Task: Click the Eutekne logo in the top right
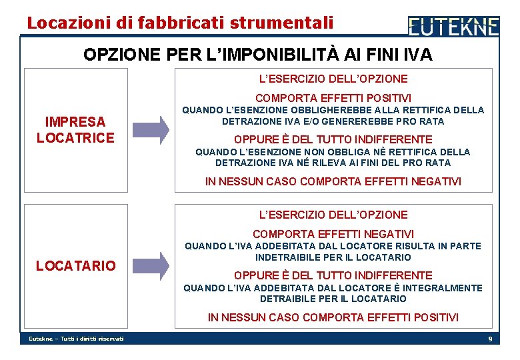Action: (x=453, y=27)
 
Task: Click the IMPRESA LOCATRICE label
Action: (x=75, y=129)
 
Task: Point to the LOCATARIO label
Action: (x=76, y=265)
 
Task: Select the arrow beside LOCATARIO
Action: (x=151, y=265)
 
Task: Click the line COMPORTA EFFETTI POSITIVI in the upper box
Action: (x=333, y=98)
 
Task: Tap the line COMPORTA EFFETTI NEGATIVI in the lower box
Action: (x=333, y=234)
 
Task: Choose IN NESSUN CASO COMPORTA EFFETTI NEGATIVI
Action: (x=333, y=181)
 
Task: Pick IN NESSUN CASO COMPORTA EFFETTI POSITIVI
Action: (x=333, y=317)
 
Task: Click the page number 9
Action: (x=490, y=339)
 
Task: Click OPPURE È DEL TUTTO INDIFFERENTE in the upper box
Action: (x=333, y=139)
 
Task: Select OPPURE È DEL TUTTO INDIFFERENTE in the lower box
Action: (x=333, y=275)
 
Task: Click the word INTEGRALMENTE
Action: (x=449, y=288)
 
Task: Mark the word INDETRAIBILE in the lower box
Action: (x=286, y=257)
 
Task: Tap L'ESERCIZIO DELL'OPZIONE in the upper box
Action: (x=333, y=79)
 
